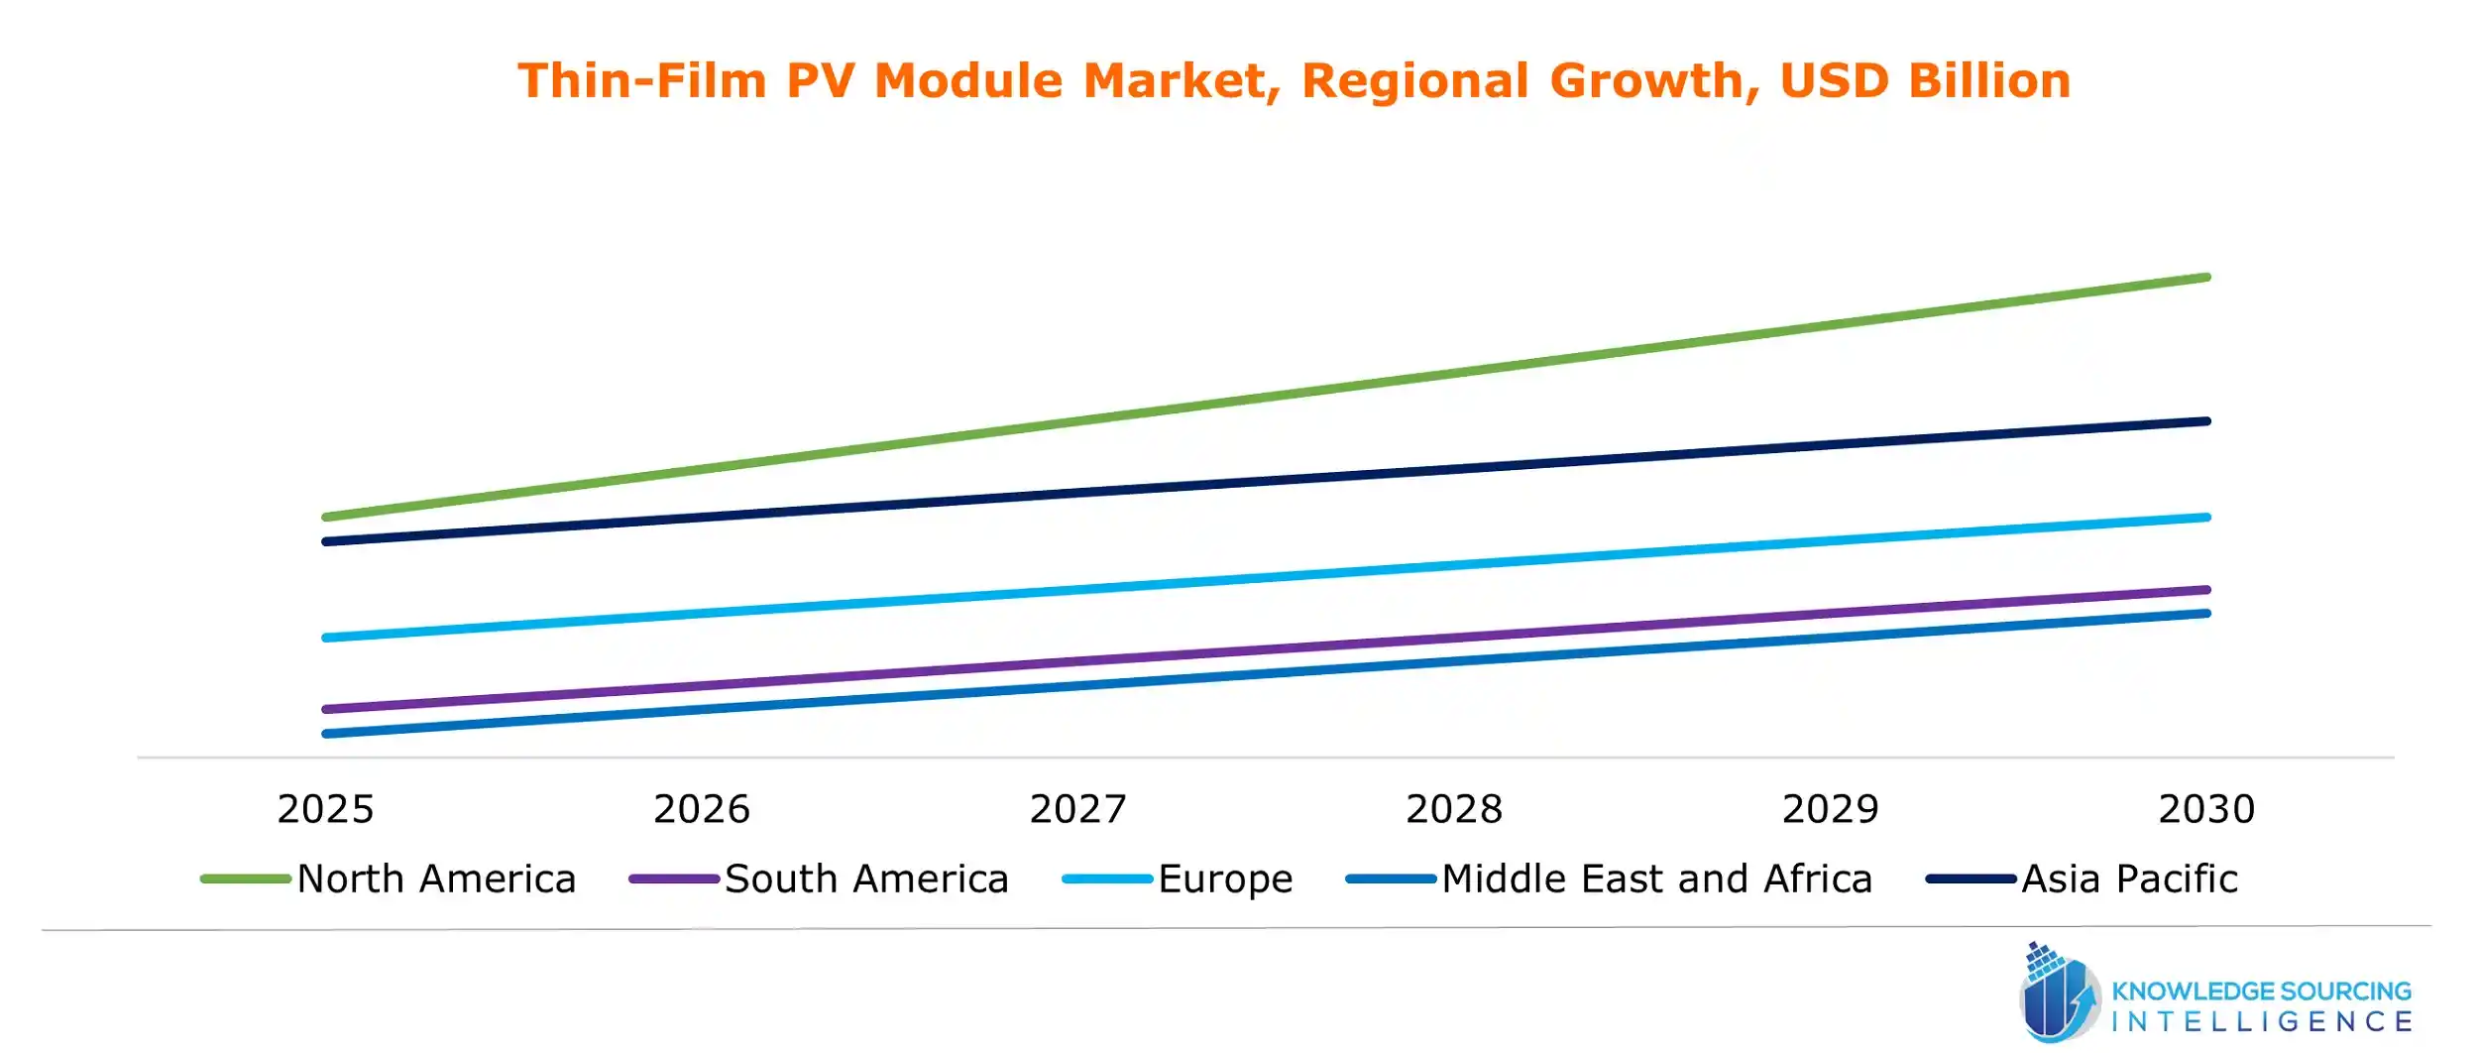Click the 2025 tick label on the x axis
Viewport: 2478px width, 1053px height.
coord(325,809)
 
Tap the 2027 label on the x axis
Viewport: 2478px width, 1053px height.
coord(1077,809)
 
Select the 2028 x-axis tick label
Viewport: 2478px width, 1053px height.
coord(1454,809)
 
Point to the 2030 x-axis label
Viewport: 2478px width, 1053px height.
coord(2206,809)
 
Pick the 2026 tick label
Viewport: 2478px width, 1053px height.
coord(702,809)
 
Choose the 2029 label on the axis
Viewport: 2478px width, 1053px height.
coord(1830,809)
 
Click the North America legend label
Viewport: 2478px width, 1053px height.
coord(436,879)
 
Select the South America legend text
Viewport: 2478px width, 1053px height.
coord(866,879)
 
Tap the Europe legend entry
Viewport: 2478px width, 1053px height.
coord(1225,879)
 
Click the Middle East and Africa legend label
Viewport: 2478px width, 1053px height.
coord(1656,879)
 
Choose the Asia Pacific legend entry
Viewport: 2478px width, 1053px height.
coord(2129,879)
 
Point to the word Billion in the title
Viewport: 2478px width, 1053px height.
coord(1989,81)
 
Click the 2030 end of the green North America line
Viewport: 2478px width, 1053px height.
coord(2206,278)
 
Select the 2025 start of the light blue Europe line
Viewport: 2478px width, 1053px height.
coord(327,638)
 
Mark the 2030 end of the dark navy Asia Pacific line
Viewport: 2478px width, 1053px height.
coord(2206,421)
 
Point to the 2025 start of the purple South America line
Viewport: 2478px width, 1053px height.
coord(327,709)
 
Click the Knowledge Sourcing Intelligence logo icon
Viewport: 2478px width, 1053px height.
coord(2058,994)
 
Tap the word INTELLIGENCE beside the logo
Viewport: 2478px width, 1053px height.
coord(2261,1022)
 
